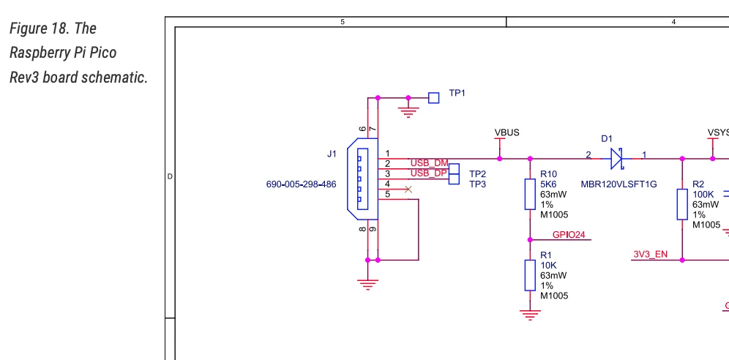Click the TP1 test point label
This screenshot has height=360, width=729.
457,94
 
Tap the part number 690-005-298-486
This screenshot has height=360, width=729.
301,184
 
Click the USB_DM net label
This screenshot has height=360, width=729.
428,162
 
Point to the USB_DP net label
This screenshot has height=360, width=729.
428,173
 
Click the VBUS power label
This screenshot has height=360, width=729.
507,133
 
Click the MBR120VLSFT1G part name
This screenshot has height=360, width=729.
618,184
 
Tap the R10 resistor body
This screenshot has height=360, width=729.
530,194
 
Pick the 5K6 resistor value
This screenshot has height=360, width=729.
549,184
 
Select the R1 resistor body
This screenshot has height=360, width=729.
530,274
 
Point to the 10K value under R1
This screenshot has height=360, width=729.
549,265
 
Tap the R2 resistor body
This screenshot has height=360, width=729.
682,204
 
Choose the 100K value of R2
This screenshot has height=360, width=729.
703,195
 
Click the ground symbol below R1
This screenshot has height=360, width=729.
530,314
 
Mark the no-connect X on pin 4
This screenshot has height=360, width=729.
408,190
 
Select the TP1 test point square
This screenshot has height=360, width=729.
434,97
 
